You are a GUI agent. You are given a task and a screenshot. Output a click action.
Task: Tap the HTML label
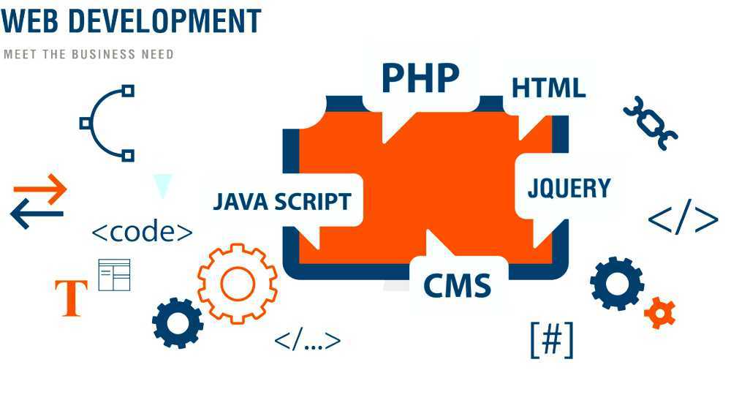pos(548,88)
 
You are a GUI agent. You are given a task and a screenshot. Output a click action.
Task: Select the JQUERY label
pos(569,189)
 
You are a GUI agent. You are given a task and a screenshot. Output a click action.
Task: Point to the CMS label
pos(457,284)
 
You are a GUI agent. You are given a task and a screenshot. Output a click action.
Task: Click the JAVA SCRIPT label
pos(282,201)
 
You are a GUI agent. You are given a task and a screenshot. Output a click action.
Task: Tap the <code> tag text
pos(143,233)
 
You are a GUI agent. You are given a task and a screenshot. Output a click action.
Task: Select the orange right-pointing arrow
pos(40,189)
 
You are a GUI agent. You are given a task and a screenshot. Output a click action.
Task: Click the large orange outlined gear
pos(237,283)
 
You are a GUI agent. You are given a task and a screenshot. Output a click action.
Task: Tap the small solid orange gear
pos(659,312)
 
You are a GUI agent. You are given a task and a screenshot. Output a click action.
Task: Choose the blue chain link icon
pos(650,123)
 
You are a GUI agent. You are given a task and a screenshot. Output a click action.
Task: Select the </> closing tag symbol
pos(683,219)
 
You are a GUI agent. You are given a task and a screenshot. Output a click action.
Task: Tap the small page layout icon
pos(114,275)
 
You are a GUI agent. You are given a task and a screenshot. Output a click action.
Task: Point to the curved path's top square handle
pos(128,91)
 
